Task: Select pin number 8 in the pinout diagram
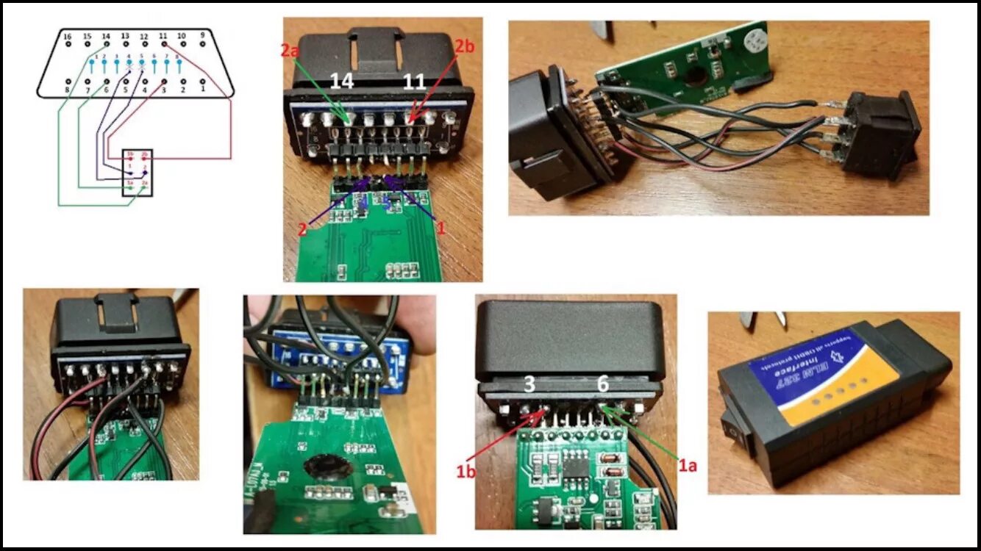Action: [x=68, y=82]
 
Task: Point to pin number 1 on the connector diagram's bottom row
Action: [x=202, y=82]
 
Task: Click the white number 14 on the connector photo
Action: [x=342, y=81]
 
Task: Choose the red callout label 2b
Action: [x=465, y=46]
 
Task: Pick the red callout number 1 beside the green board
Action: [x=441, y=228]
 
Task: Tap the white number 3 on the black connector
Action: [x=530, y=384]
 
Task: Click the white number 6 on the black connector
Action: [x=602, y=384]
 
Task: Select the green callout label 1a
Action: [x=686, y=464]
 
